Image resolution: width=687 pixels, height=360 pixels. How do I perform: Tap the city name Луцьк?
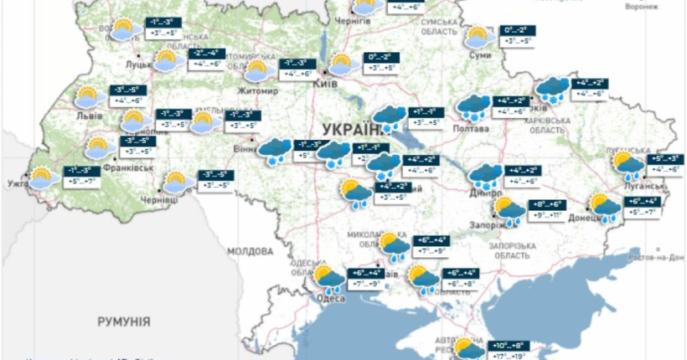coord(138,63)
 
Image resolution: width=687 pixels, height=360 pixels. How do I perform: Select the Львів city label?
coord(90,116)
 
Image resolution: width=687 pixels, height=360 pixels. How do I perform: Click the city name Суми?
coord(481,55)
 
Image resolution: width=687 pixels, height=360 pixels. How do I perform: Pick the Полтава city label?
coord(472,128)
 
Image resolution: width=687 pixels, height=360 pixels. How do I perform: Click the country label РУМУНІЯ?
coord(123,321)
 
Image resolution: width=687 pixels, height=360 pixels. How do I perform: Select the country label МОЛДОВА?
coord(251,251)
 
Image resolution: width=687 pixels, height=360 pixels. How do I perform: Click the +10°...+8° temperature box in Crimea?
coord(508,345)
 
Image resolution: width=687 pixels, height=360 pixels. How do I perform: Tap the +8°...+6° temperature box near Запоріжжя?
coord(548,204)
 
